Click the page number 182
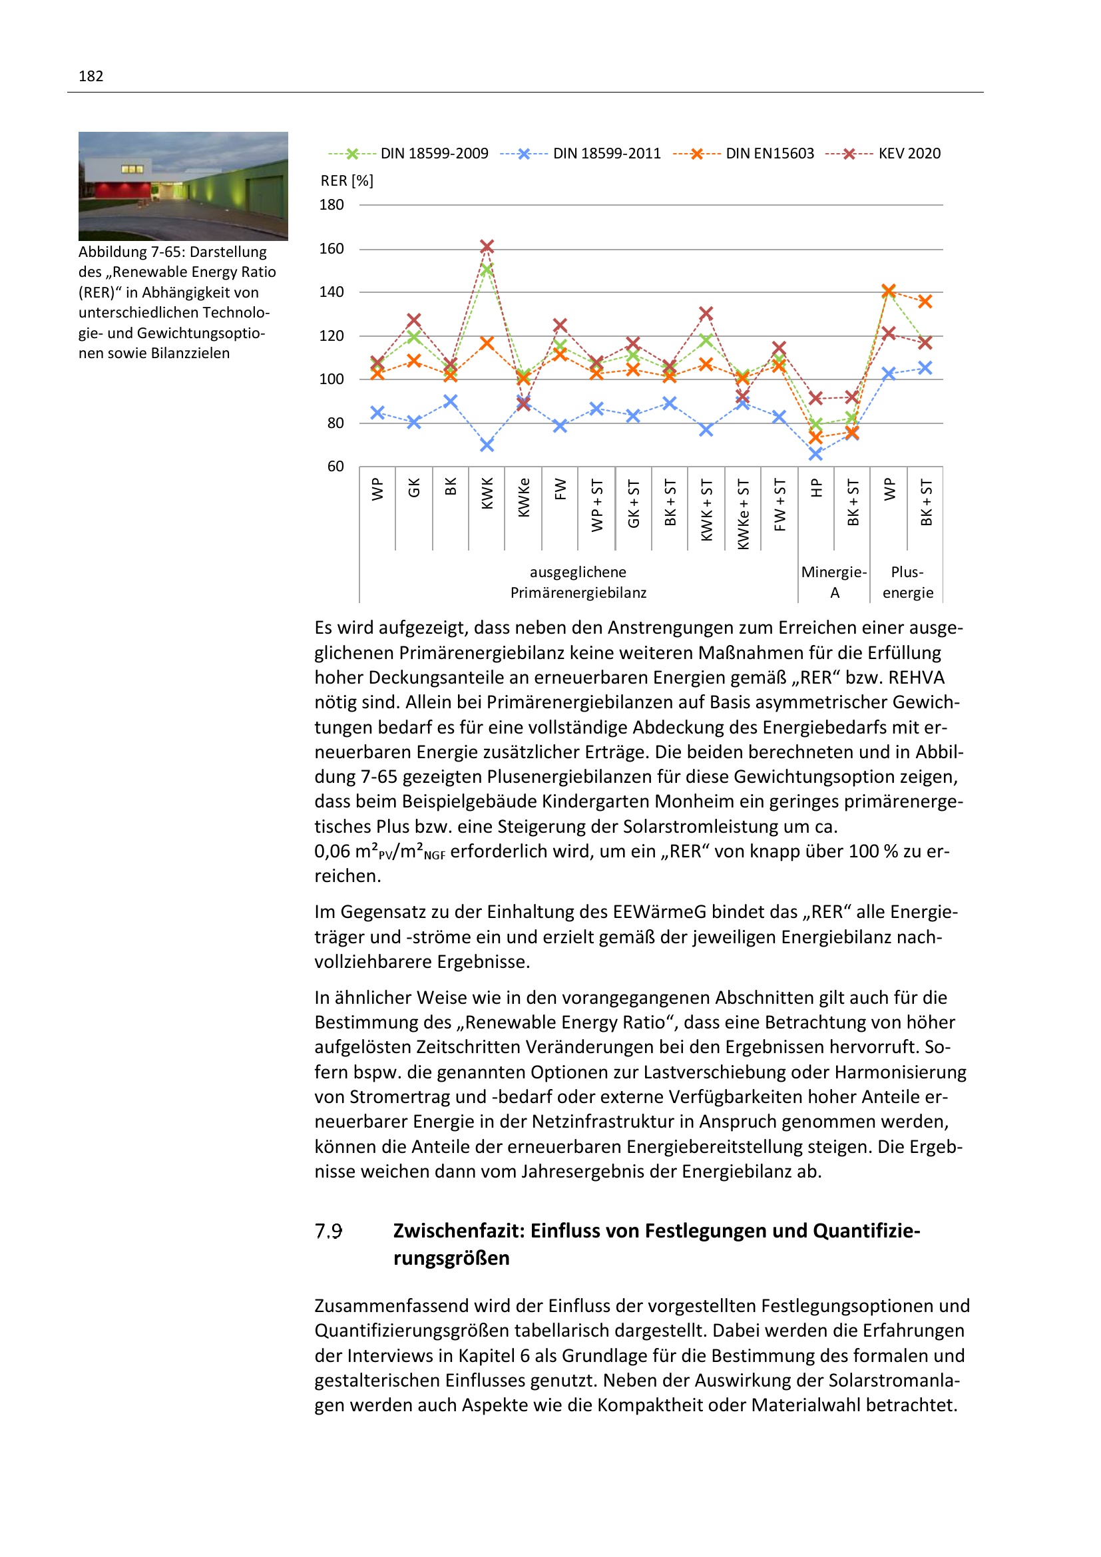click(x=91, y=76)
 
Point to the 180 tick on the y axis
click(x=331, y=205)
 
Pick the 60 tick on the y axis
click(x=335, y=467)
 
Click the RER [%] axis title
click(x=347, y=180)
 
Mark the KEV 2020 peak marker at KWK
click(x=487, y=246)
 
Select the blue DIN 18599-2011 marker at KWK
click(x=487, y=445)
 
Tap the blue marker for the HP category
click(x=815, y=454)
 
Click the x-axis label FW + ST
click(x=779, y=505)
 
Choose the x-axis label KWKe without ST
click(x=523, y=497)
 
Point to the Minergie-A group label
click(x=834, y=582)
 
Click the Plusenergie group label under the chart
click(x=907, y=582)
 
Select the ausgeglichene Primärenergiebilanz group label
click(x=578, y=582)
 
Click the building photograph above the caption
click(x=183, y=186)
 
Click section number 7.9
click(x=328, y=1231)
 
